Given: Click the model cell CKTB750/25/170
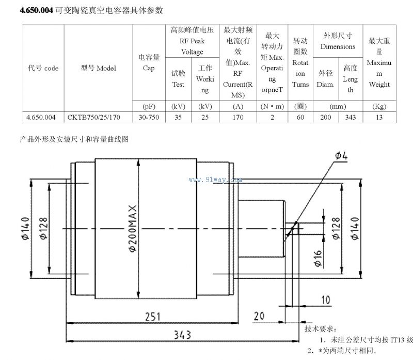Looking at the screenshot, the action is pyautogui.click(x=94, y=117).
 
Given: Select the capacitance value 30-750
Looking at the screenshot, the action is pyautogui.click(x=149, y=117).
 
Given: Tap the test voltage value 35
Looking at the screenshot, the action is pyautogui.click(x=178, y=117).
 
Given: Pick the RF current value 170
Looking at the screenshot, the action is pyautogui.click(x=238, y=117).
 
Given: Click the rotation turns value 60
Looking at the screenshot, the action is pyautogui.click(x=300, y=117).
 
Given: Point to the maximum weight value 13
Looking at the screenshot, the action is pyautogui.click(x=379, y=117).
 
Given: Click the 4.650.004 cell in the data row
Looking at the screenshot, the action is pyautogui.click(x=41, y=117).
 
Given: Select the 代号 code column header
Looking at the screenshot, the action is pyautogui.click(x=43, y=68).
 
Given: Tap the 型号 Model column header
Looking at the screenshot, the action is pyautogui.click(x=98, y=68).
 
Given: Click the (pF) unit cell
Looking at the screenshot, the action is pyautogui.click(x=149, y=106).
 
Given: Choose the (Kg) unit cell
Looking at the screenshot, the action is pyautogui.click(x=379, y=106).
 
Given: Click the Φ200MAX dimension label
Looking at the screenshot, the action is pyautogui.click(x=133, y=228).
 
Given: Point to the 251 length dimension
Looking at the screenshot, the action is pyautogui.click(x=153, y=316).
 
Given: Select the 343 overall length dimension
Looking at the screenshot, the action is pyautogui.click(x=182, y=335).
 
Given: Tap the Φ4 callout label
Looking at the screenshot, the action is pyautogui.click(x=341, y=156).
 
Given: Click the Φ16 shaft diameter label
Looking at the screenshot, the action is pyautogui.click(x=317, y=258).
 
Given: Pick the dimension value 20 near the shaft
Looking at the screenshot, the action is pyautogui.click(x=259, y=316).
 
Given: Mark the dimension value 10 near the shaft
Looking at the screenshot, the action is pyautogui.click(x=326, y=300).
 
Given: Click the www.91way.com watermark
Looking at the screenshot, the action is pyautogui.click(x=215, y=180).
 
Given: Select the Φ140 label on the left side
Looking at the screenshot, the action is pyautogui.click(x=25, y=228).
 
